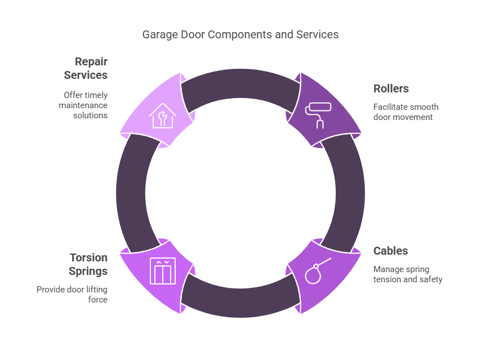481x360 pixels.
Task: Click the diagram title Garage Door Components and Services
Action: [240, 34]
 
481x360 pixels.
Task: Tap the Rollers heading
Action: [391, 88]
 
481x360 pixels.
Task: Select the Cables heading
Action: [390, 251]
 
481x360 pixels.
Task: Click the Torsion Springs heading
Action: [88, 264]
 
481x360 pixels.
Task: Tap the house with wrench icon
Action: [163, 115]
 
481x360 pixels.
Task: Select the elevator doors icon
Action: [163, 271]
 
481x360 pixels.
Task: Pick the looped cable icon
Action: [317, 270]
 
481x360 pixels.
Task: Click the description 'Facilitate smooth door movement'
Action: [406, 112]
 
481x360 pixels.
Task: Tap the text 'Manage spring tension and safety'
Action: [408, 274]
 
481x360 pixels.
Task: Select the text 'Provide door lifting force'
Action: [72, 295]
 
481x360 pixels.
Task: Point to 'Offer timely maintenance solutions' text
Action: [86, 105]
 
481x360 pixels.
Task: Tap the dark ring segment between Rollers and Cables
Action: [344, 193]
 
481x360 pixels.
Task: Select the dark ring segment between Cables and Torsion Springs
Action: [240, 299]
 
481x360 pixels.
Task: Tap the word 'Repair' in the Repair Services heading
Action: [91, 61]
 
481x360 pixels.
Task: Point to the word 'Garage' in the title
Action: [158, 34]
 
